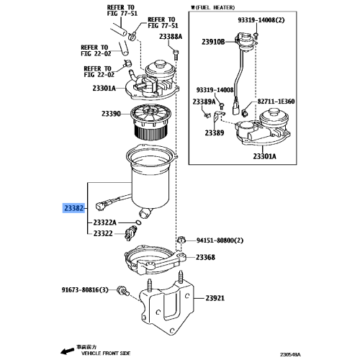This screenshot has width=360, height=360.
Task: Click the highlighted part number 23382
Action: (x=74, y=208)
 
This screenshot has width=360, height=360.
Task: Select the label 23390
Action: (x=111, y=114)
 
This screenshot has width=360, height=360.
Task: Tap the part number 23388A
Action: (x=171, y=36)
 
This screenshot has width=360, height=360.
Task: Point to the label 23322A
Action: (x=108, y=223)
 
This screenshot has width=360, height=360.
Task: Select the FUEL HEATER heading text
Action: (x=215, y=7)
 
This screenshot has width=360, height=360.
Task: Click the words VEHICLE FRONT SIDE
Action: (x=105, y=354)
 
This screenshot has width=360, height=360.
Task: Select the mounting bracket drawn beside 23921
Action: (x=167, y=306)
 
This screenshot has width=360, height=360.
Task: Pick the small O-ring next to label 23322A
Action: (x=138, y=222)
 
